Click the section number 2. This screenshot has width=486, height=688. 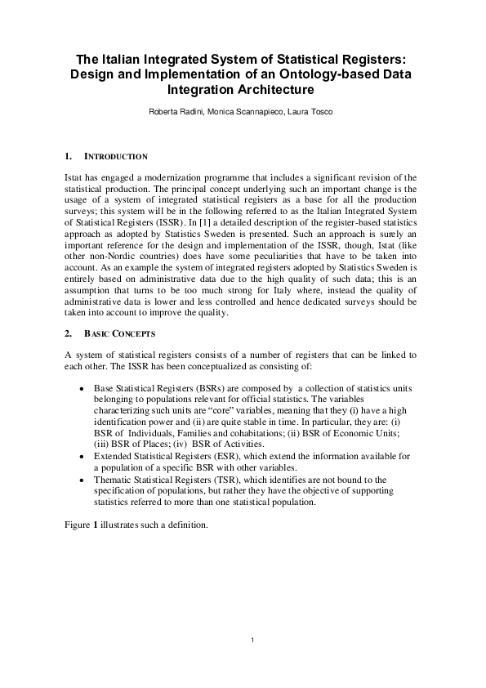67,334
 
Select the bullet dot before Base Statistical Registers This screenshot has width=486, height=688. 80,386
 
